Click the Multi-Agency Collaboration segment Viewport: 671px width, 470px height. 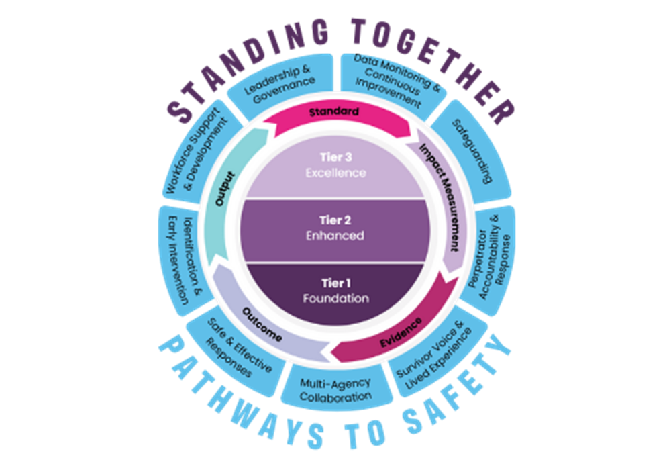[335, 389]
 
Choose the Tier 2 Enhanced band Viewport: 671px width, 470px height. [335, 228]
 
